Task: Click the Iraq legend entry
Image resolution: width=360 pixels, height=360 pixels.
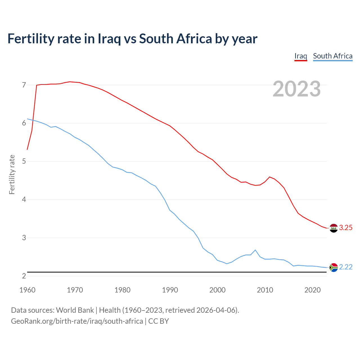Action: point(301,56)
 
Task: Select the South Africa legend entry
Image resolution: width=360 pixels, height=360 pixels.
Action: point(333,56)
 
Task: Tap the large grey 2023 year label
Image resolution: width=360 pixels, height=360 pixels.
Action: point(297,89)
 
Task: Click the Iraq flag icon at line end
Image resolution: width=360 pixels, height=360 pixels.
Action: point(333,228)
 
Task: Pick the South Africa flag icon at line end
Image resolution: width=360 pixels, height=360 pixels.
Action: point(333,267)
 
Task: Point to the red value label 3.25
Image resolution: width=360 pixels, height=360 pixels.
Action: point(346,228)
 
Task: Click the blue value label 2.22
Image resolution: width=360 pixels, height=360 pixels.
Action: point(346,267)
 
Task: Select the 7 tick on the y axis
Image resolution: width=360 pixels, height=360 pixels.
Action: point(24,85)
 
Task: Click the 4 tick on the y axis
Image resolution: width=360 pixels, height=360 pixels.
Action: point(24,200)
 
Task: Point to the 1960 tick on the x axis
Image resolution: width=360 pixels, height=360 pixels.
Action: point(27,290)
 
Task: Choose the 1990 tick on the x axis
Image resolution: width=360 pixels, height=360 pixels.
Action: point(170,290)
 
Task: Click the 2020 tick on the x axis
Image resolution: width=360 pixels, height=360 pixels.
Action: point(312,290)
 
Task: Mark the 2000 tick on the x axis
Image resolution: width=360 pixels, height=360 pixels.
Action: point(217,290)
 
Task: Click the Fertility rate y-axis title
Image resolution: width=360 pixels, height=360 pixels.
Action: point(12,174)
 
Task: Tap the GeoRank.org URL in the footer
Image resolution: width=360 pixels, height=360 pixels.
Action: point(77,321)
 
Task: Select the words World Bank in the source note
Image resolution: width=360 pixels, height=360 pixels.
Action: point(75,310)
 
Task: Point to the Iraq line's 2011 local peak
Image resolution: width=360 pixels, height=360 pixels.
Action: point(270,177)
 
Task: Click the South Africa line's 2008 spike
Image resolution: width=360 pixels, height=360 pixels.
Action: point(255,250)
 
